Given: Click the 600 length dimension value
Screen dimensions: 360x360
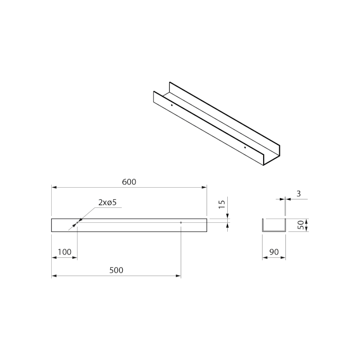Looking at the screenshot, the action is [129, 182].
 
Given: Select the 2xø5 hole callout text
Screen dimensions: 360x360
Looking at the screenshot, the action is [108, 202].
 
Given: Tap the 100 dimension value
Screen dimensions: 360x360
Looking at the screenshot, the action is [64, 252].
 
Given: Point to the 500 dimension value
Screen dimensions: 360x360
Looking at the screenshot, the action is [116, 270].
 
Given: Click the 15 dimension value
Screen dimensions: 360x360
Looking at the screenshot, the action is [222, 204].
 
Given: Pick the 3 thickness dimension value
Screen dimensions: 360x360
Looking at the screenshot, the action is [298, 194].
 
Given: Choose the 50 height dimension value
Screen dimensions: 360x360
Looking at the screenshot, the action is [301, 225].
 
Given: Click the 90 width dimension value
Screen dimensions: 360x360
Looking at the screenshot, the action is [274, 252].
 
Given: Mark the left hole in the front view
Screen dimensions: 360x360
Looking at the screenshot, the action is [77, 222].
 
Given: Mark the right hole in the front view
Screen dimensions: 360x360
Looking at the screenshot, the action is [181, 222].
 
